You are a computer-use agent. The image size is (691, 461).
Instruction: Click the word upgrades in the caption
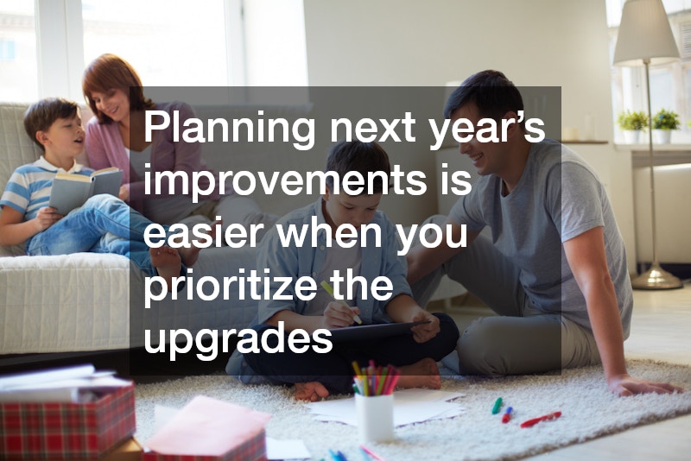pos(238,339)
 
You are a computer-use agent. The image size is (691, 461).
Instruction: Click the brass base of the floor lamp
pos(656,277)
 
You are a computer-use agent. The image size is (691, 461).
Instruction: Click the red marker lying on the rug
pos(541,419)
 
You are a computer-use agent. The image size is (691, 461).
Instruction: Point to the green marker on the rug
pos(497,405)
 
